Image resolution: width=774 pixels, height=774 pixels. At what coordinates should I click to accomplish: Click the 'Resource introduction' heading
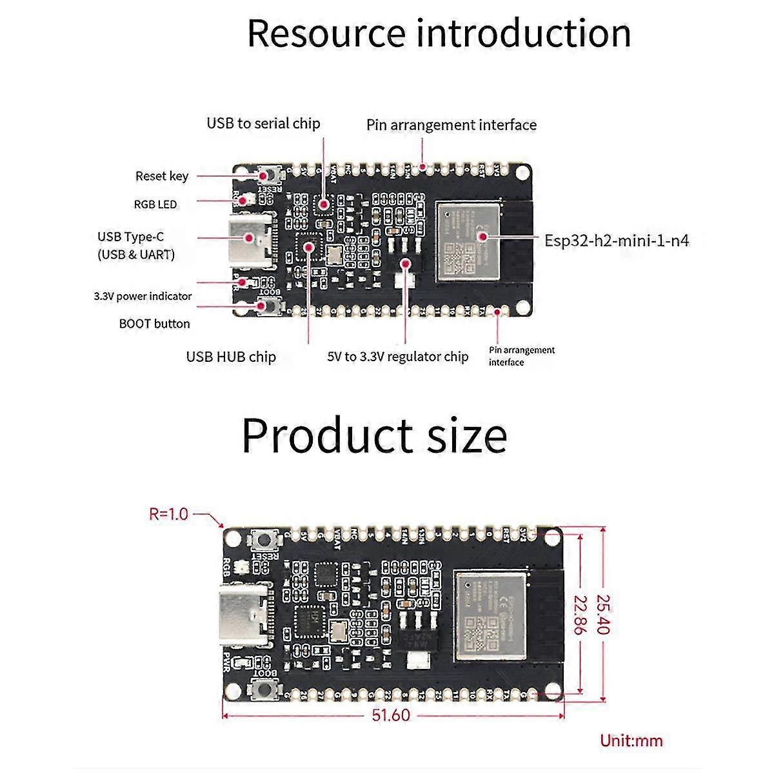tap(439, 34)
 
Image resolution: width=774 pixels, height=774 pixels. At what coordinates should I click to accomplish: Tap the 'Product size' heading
tap(374, 436)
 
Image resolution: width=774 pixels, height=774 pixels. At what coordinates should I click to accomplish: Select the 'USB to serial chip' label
tap(263, 123)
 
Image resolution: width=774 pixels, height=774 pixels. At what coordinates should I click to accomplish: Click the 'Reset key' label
tap(162, 176)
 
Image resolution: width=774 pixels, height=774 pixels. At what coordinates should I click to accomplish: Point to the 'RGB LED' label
tap(155, 204)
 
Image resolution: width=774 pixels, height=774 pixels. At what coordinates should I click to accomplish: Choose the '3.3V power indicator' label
tap(143, 297)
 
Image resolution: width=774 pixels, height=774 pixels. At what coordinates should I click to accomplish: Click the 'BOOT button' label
tap(155, 324)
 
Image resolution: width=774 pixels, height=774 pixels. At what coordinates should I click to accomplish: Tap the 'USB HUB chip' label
tap(231, 357)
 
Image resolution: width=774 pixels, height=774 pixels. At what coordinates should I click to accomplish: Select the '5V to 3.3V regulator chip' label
tap(398, 357)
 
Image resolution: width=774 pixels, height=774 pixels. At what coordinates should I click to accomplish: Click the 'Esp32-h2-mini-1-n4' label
tap(617, 241)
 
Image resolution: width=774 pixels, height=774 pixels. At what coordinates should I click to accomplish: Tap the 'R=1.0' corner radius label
tap(168, 514)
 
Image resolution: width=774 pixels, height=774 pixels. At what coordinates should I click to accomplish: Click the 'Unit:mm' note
tap(631, 740)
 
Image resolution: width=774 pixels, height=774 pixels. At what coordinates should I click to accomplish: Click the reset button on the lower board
tap(264, 540)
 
